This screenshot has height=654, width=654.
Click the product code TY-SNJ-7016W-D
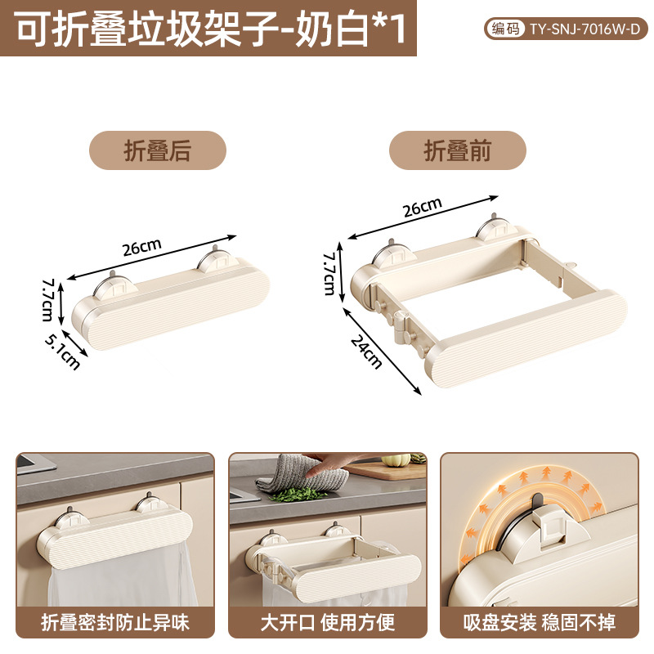pyautogui.click(x=585, y=29)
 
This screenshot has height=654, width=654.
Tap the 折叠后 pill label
pyautogui.click(x=158, y=150)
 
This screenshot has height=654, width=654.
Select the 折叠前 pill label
pyautogui.click(x=458, y=150)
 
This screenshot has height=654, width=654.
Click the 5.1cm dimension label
pyautogui.click(x=63, y=352)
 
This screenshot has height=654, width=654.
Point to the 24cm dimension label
pyautogui.click(x=366, y=352)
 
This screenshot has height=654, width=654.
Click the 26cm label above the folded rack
pyautogui.click(x=141, y=247)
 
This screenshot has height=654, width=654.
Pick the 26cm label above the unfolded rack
pyautogui.click(x=423, y=207)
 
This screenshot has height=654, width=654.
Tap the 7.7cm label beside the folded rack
pyautogui.click(x=48, y=300)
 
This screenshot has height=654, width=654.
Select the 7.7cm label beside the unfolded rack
pyautogui.click(x=329, y=273)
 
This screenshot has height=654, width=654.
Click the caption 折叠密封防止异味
pyautogui.click(x=115, y=622)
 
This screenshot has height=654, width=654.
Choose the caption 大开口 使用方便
pyautogui.click(x=328, y=622)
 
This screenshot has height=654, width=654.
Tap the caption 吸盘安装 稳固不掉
pyautogui.click(x=540, y=622)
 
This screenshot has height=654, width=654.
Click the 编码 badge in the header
pyautogui.click(x=505, y=29)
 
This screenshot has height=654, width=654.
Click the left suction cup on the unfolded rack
pyautogui.click(x=392, y=253)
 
